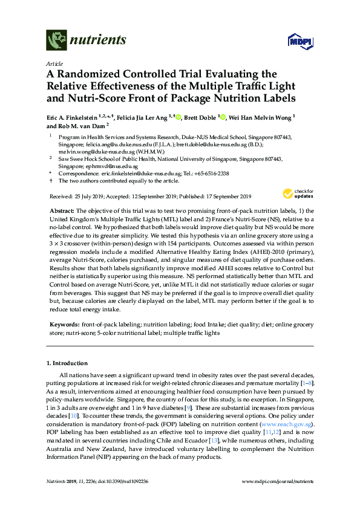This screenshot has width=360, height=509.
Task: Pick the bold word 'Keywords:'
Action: tap(65, 325)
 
